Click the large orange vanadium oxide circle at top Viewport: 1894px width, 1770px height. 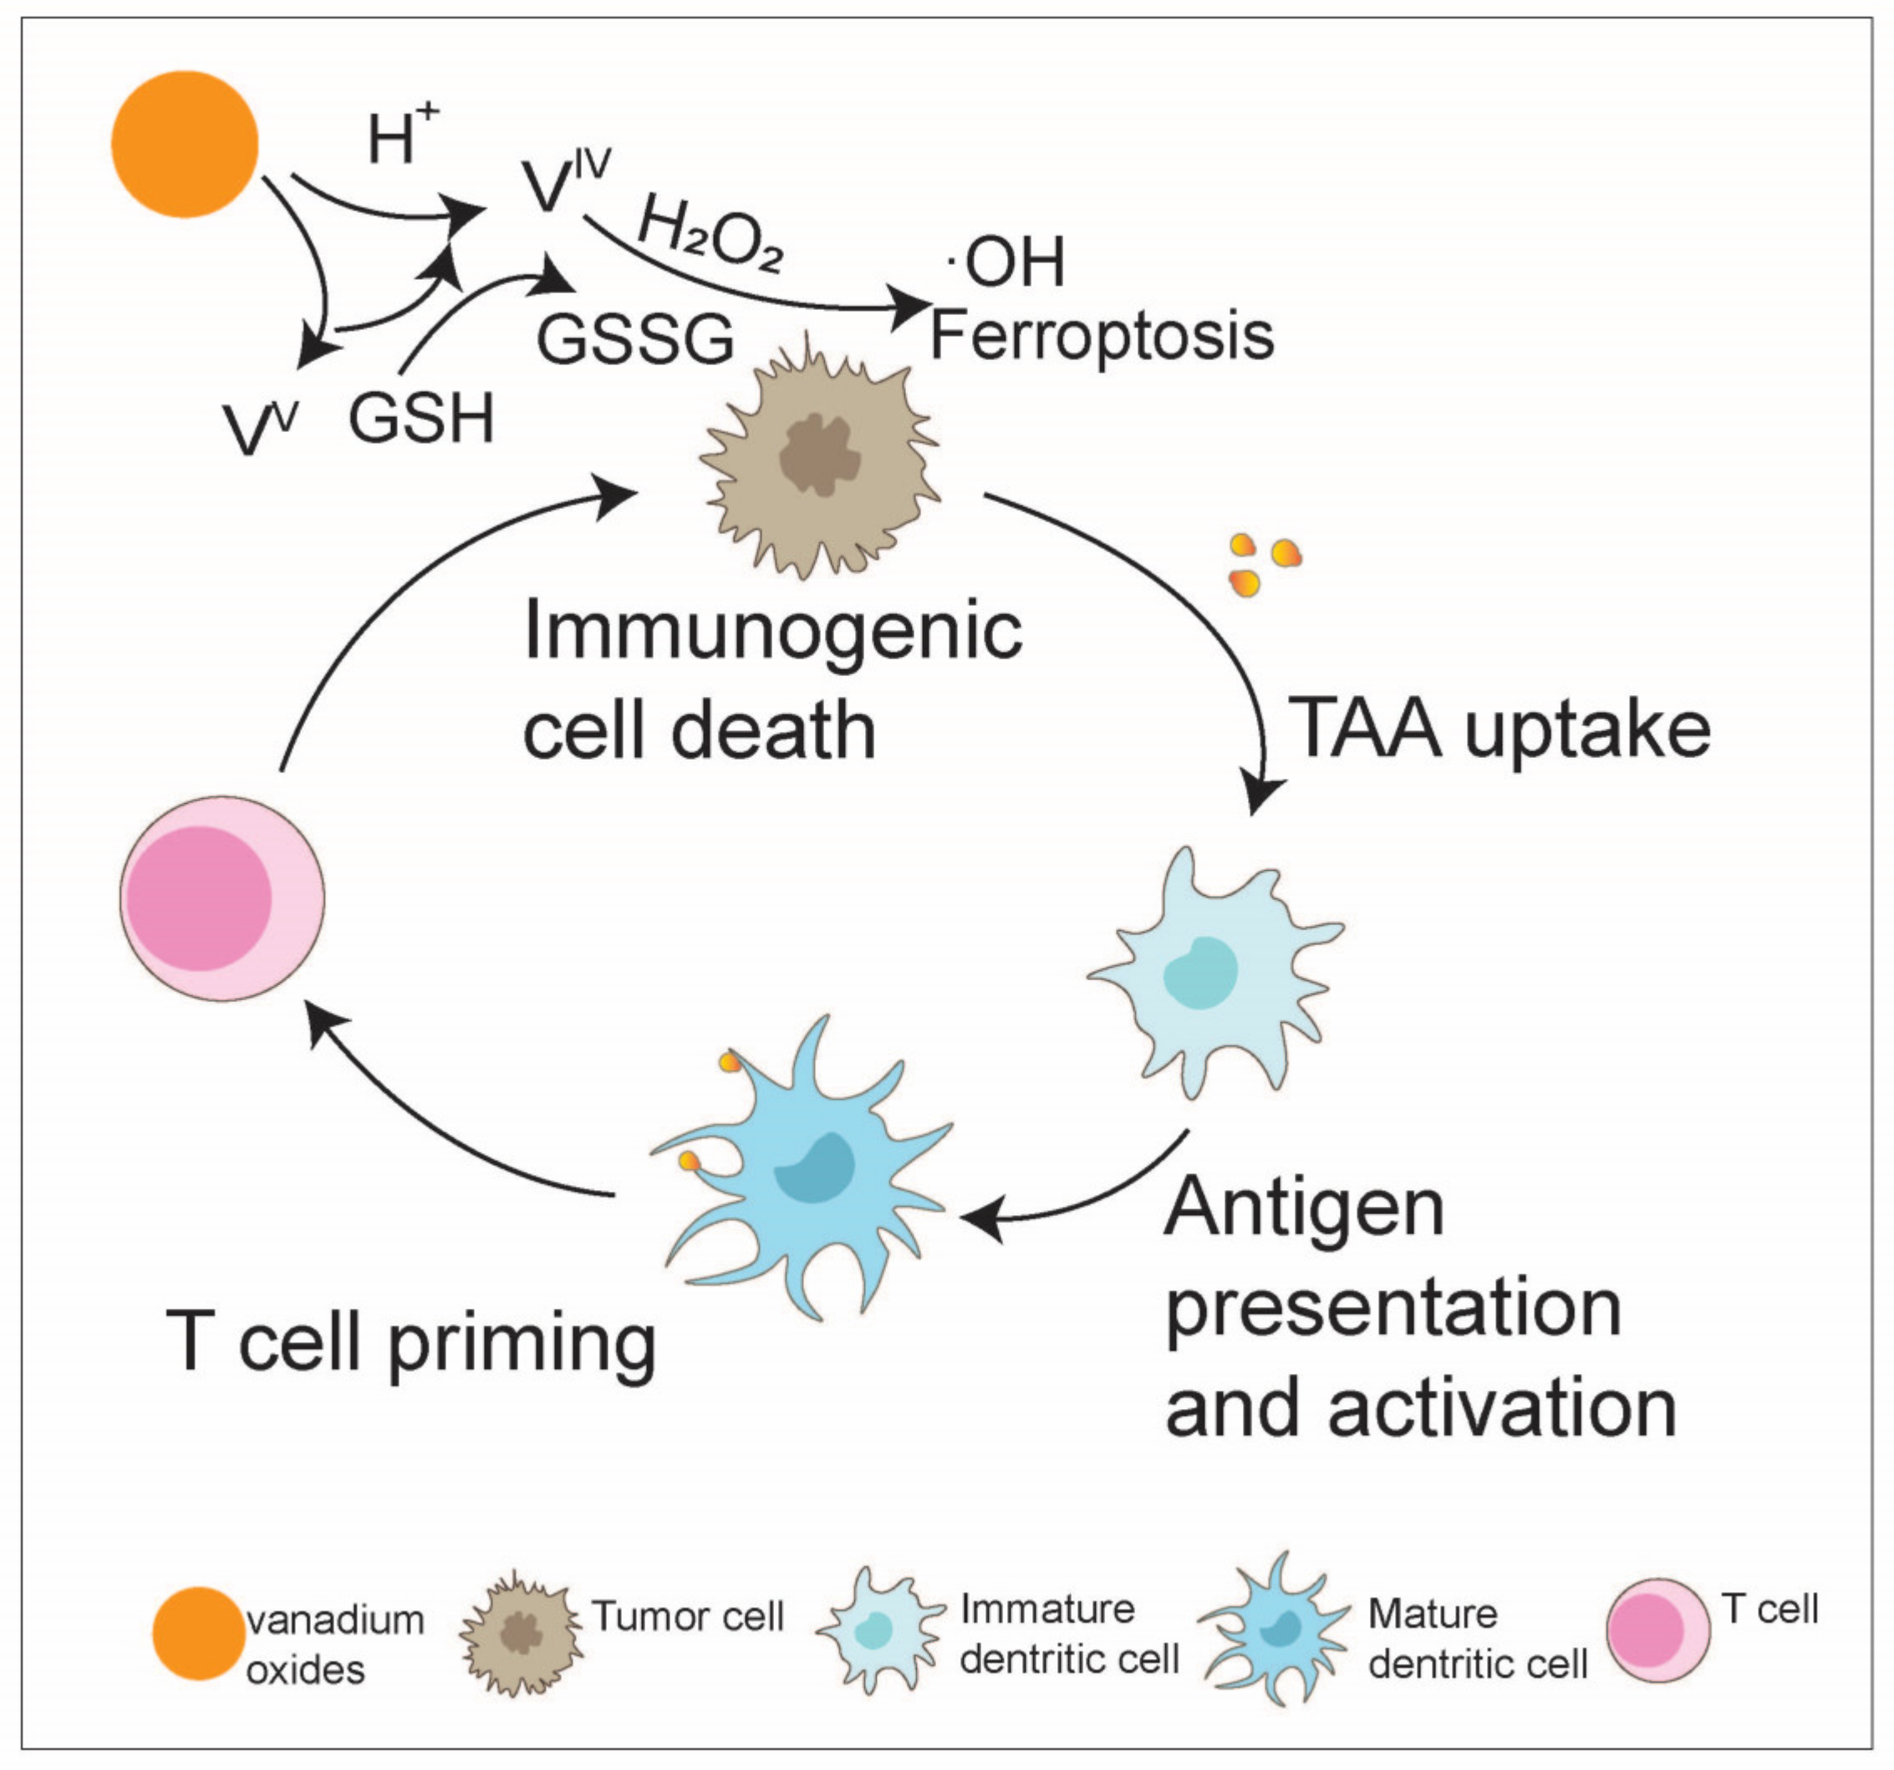(185, 144)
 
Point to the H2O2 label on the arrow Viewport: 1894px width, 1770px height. (710, 234)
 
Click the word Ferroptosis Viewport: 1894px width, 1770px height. (1102, 336)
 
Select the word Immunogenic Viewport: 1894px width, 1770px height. (772, 632)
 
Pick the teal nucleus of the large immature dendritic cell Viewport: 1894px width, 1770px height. (1201, 973)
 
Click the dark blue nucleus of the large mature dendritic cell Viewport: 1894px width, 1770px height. (815, 1169)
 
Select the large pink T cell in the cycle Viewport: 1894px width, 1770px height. (222, 898)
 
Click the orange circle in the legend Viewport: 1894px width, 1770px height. (198, 1633)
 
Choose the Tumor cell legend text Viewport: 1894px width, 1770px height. (687, 1615)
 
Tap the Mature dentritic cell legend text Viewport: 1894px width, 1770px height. (1477, 1639)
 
